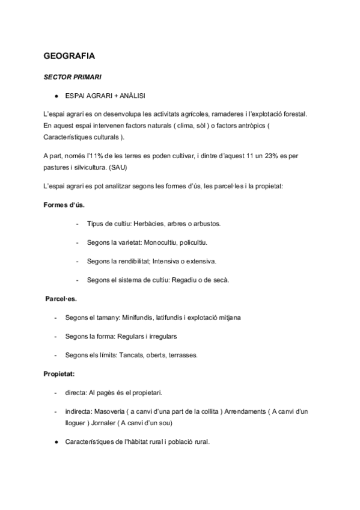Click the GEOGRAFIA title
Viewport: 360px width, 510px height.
[69, 55]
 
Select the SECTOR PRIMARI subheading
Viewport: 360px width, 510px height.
[72, 77]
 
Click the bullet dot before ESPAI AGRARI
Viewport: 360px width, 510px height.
[55, 95]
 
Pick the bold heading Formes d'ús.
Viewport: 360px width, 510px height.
[64, 204]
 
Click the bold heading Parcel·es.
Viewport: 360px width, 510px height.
[61, 298]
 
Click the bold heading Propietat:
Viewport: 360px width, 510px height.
[59, 373]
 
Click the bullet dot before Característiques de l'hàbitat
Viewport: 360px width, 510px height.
[55, 442]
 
